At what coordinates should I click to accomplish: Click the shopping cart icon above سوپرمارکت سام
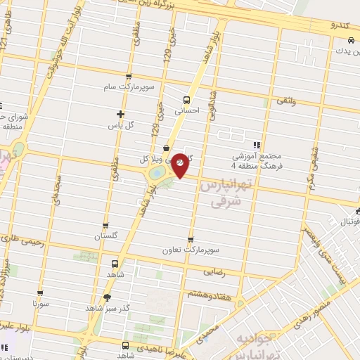(x=128, y=77)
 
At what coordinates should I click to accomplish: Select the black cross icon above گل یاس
(x=120, y=114)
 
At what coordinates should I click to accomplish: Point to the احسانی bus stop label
(x=187, y=110)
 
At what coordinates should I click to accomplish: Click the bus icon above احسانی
(x=187, y=100)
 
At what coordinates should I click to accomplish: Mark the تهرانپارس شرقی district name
(x=224, y=193)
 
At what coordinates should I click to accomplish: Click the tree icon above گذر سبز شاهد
(x=106, y=297)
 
